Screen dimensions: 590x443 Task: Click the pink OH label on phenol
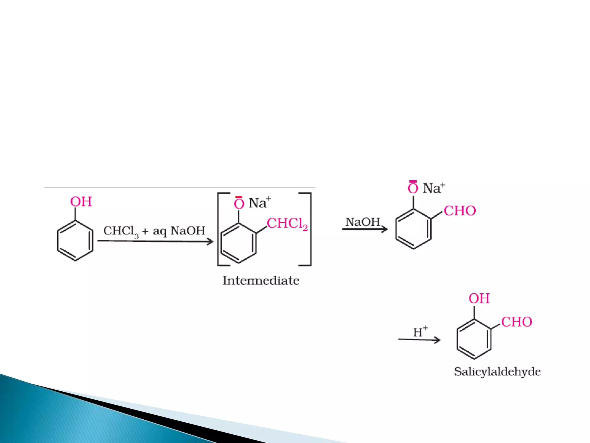click(81, 202)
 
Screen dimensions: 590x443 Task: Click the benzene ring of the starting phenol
click(75, 241)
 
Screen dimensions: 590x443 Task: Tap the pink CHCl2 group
click(287, 224)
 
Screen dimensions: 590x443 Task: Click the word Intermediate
click(261, 281)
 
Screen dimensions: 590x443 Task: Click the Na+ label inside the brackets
click(259, 203)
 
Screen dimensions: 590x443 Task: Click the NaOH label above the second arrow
click(363, 222)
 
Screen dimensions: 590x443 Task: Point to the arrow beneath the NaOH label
click(365, 230)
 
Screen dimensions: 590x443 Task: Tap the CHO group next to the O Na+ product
click(460, 211)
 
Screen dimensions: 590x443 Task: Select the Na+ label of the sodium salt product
click(434, 188)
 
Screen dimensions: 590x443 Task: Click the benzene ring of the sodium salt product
click(413, 229)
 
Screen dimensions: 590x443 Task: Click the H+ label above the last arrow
click(420, 332)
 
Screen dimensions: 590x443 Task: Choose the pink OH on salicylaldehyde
click(479, 299)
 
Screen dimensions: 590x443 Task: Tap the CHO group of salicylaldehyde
click(517, 322)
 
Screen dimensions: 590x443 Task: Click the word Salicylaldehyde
click(497, 372)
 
